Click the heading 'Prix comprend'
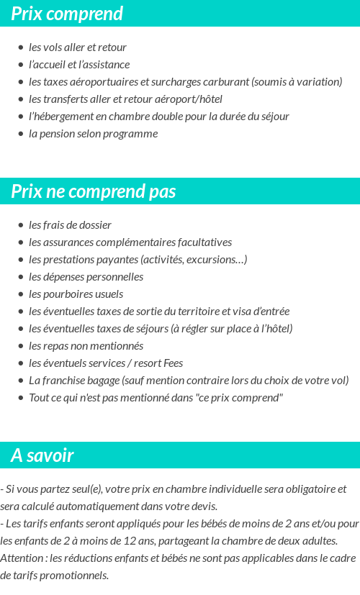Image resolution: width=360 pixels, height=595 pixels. tap(67, 14)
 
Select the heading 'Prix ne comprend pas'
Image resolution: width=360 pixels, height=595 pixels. tap(94, 191)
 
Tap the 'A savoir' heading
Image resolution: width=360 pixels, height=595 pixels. tap(42, 455)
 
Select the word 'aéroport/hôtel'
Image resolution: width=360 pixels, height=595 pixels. tap(190, 99)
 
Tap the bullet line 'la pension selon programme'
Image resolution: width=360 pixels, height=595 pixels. tap(93, 134)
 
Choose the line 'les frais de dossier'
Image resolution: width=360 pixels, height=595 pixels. tap(70, 225)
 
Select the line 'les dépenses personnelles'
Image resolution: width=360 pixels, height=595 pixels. tap(86, 277)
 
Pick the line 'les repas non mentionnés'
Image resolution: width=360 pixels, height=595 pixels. tap(86, 346)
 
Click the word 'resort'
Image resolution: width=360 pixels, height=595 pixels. tap(146, 363)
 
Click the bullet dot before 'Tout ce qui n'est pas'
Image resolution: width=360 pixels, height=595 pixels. tap(20, 398)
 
